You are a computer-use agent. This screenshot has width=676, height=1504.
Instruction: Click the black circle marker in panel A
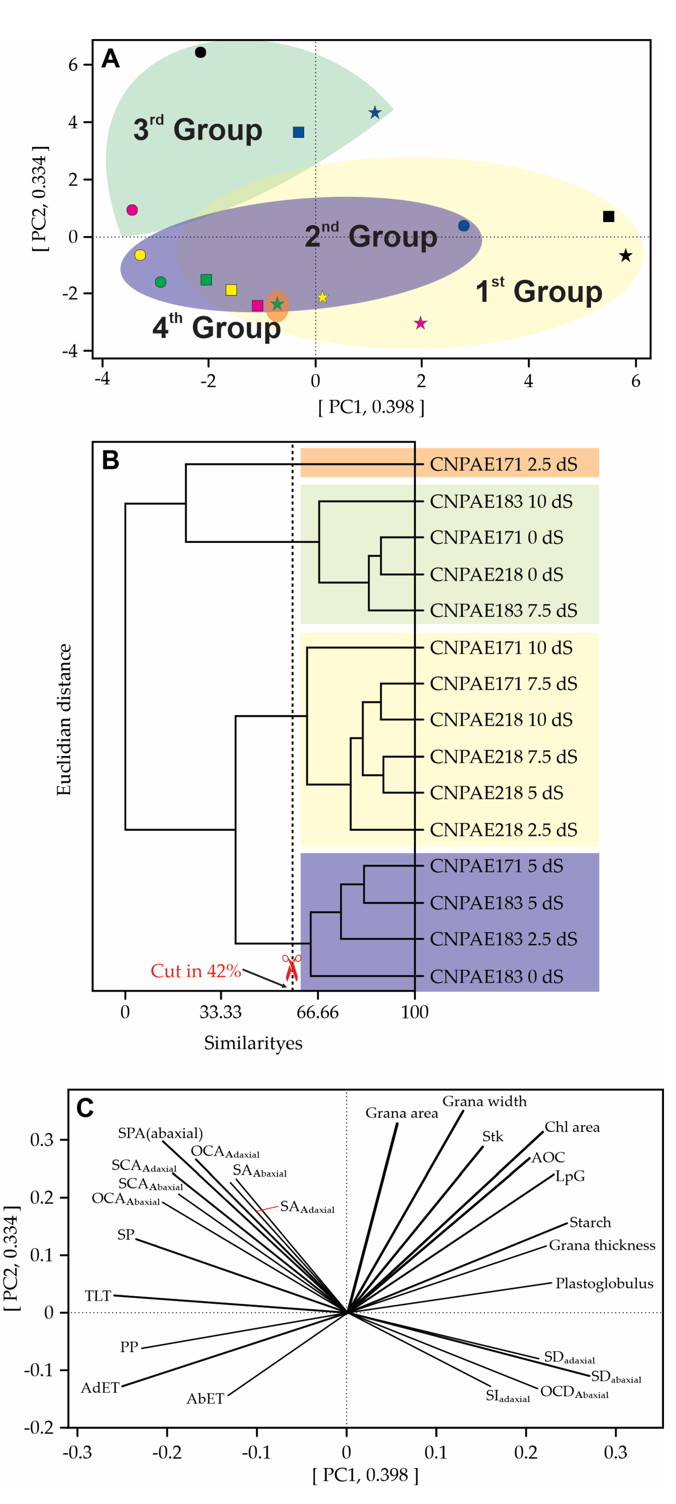200,53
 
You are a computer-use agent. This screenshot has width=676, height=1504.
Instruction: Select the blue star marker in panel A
375,113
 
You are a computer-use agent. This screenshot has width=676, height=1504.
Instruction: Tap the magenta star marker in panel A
420,323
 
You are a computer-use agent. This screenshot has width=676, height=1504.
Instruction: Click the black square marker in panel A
608,217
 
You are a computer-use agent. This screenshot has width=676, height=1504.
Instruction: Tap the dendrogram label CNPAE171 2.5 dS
503,464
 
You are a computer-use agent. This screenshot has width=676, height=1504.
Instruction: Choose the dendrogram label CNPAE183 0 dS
496,976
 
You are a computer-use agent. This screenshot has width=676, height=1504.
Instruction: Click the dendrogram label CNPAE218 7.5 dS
503,757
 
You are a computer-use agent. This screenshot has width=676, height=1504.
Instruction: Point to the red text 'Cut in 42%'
196,970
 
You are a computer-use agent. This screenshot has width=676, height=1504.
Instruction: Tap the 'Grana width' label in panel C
484,1101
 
